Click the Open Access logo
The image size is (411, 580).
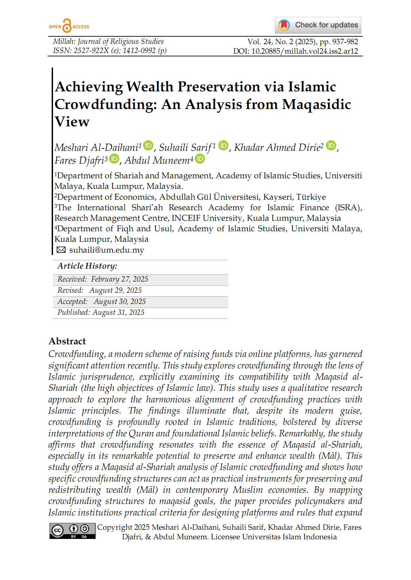[x=69, y=26]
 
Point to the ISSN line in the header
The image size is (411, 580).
[x=109, y=51]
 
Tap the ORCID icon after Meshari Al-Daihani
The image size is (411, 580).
[x=148, y=145]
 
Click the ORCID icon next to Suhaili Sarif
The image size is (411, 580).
[x=223, y=145]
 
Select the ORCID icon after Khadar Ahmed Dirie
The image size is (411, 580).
[x=331, y=145]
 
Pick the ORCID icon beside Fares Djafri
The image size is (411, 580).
[x=114, y=158]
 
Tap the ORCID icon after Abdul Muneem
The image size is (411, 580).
[x=200, y=158]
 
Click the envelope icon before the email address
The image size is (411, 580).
[x=61, y=250]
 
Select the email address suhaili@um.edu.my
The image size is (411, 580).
[x=107, y=250]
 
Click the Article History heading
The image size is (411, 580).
[x=87, y=266]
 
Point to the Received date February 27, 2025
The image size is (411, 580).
[x=120, y=279]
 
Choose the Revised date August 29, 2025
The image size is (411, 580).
[x=116, y=290]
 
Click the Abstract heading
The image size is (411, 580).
[x=67, y=341]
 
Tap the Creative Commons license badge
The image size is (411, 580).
[x=72, y=531]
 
